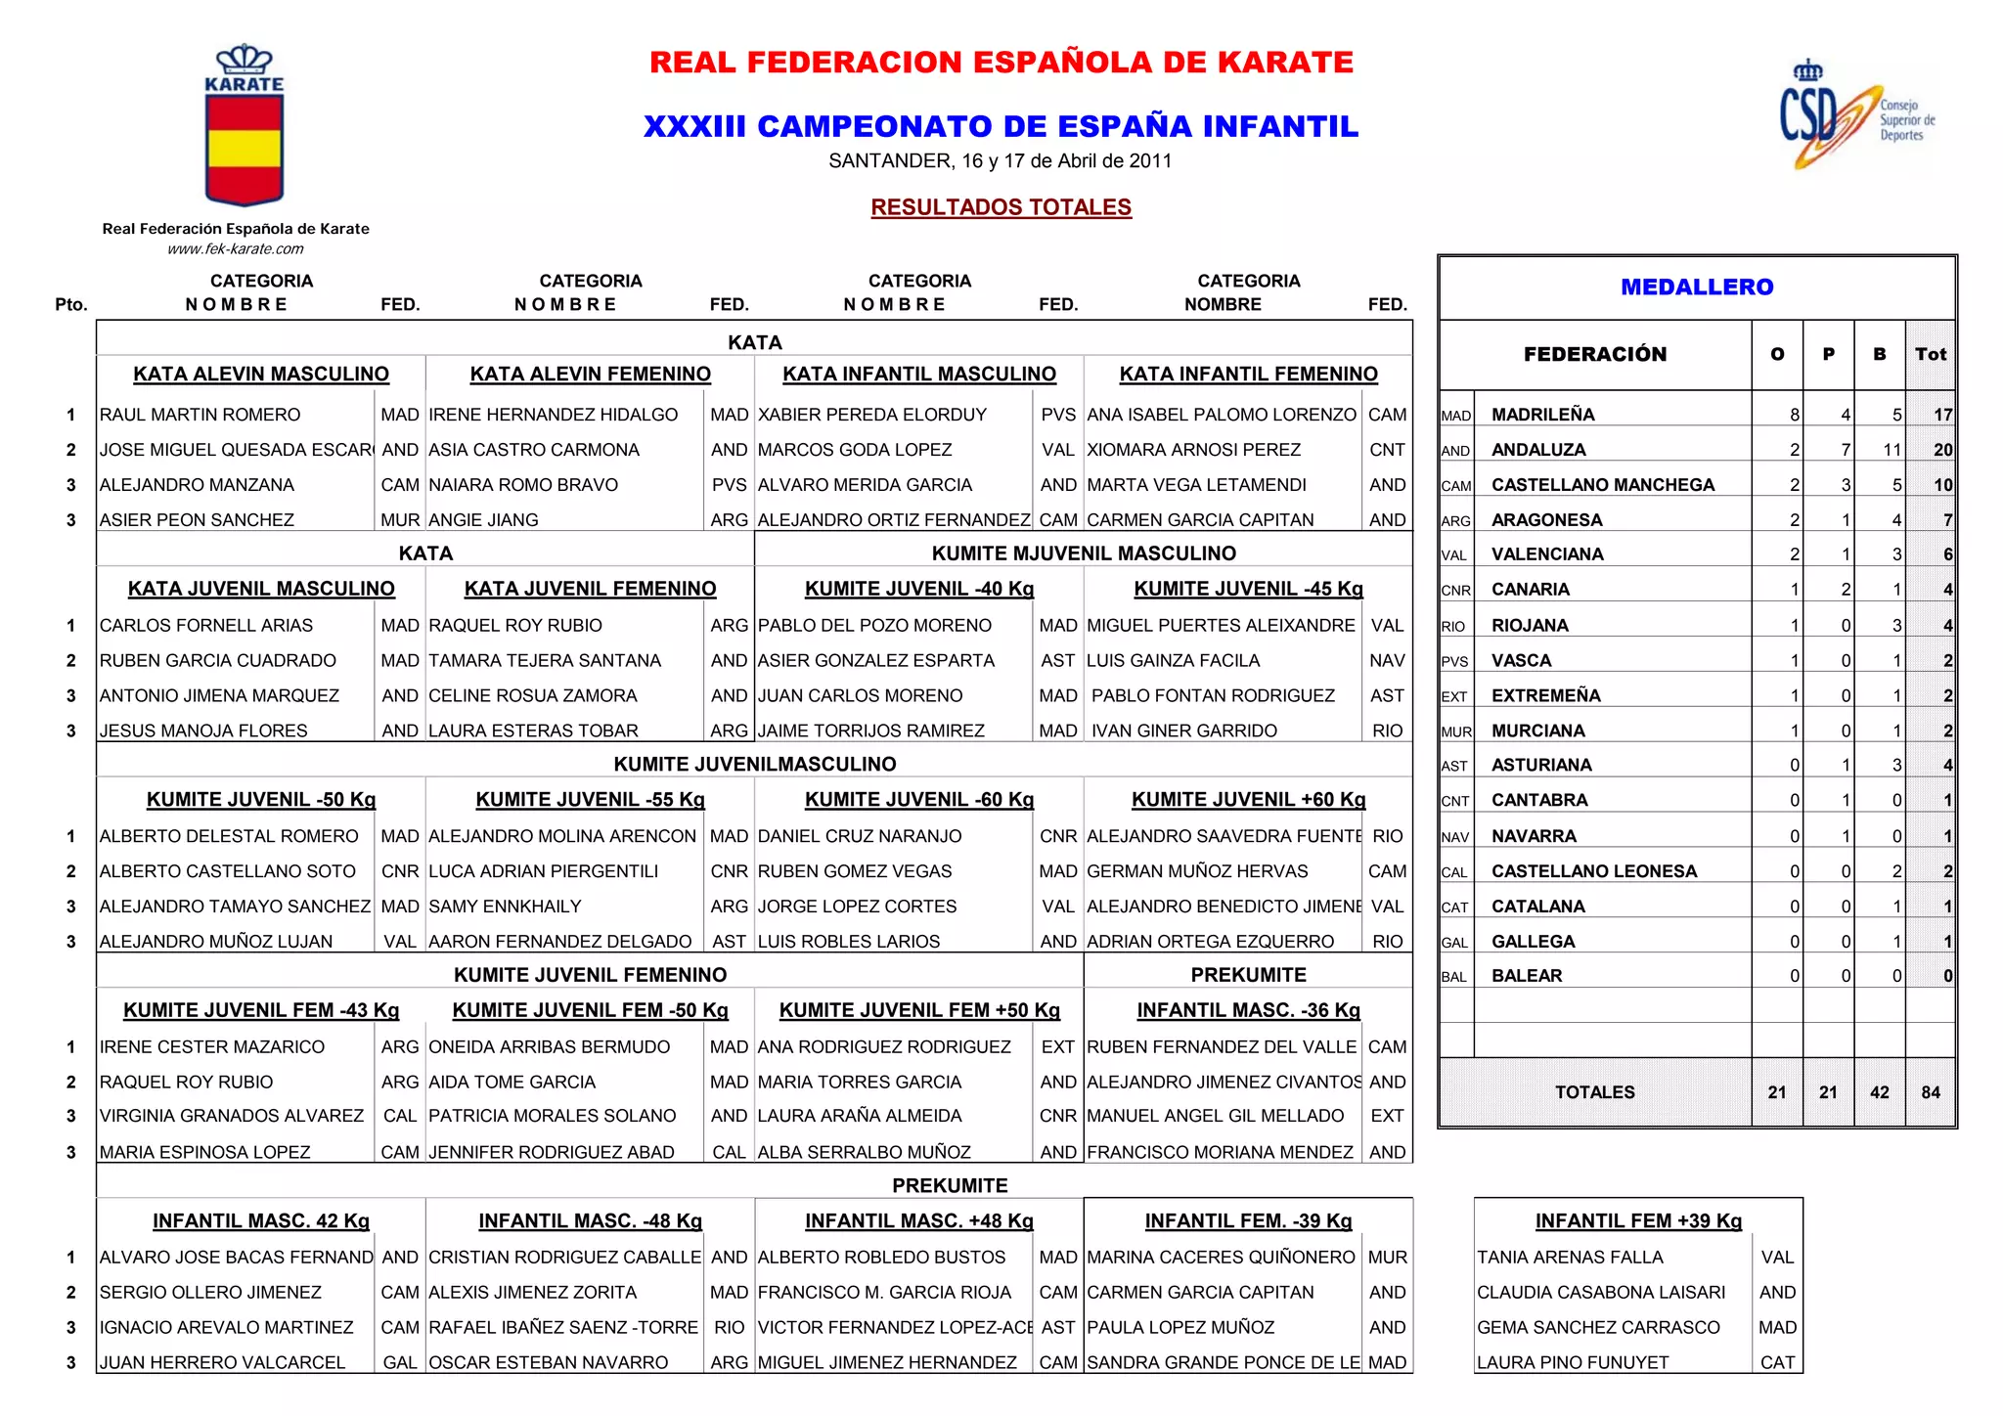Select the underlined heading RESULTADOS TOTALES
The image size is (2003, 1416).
(1001, 207)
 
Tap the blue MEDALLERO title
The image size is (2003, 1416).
(1696, 287)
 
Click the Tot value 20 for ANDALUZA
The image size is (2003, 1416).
(1941, 450)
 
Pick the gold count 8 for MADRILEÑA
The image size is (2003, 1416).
(1794, 415)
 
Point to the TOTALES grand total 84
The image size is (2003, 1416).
(1930, 1092)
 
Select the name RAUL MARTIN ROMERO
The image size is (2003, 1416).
(200, 415)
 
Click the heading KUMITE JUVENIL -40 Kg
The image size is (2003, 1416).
(918, 589)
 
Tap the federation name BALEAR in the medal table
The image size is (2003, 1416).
(1526, 976)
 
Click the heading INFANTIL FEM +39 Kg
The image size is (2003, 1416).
(1638, 1220)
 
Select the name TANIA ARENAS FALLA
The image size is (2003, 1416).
(1569, 1257)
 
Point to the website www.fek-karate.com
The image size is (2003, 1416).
(236, 248)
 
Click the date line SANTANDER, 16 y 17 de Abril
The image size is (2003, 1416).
(1000, 161)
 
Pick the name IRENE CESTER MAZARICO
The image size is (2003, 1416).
(211, 1046)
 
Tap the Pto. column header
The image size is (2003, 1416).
(71, 304)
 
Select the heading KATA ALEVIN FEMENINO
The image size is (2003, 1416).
(590, 374)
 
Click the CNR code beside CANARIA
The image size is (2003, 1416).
(1455, 591)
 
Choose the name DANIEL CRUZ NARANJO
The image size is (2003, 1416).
(859, 836)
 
